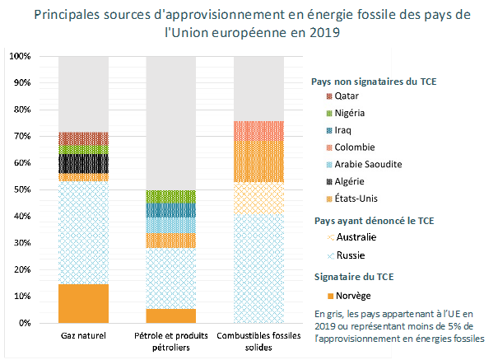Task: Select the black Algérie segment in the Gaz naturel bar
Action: point(83,163)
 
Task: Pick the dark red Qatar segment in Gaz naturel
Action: point(83,138)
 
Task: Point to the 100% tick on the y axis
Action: point(20,56)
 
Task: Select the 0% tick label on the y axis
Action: point(25,323)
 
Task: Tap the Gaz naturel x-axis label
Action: point(83,337)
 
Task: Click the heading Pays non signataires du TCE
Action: point(374,81)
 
